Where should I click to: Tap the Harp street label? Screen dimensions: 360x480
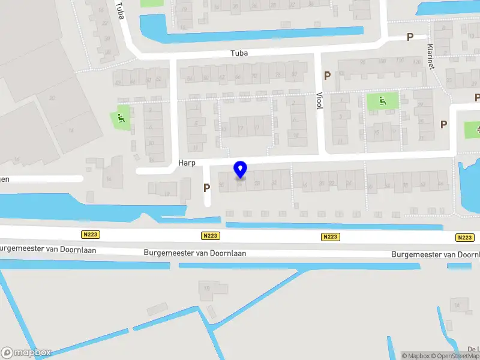[x=187, y=163]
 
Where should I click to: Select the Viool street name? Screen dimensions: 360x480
[x=319, y=100]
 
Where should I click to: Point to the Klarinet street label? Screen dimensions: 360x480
[x=430, y=56]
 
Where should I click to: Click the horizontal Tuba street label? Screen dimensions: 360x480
[x=239, y=53]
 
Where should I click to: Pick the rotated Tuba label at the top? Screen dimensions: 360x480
[x=120, y=10]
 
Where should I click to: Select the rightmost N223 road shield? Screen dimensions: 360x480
[x=464, y=238]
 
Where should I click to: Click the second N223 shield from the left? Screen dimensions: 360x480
[x=211, y=236]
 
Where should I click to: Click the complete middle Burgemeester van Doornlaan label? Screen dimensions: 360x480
[x=195, y=253]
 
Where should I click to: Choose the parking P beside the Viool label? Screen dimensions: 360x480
[x=327, y=76]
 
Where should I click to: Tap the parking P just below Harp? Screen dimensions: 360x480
[x=206, y=188]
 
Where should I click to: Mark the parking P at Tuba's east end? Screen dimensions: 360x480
[x=410, y=37]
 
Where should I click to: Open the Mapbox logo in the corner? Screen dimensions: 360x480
[x=26, y=353]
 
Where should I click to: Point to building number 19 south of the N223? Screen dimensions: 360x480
[x=207, y=289]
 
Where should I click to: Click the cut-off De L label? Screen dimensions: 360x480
[x=473, y=349]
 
